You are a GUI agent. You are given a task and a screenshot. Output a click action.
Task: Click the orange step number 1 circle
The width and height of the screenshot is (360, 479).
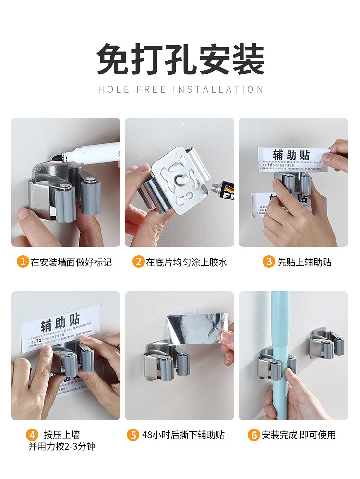[x=23, y=262]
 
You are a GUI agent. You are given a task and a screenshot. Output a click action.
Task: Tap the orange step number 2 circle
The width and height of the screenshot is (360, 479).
[x=138, y=262]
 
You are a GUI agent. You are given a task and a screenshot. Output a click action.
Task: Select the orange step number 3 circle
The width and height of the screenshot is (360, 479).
[x=268, y=262]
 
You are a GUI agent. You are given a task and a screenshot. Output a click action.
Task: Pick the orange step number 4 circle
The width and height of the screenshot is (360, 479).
[x=32, y=435]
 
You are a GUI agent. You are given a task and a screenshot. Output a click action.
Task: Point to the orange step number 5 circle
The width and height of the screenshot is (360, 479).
[x=133, y=435]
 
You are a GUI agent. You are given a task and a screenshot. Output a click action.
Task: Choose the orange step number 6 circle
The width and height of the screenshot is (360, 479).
[x=253, y=435]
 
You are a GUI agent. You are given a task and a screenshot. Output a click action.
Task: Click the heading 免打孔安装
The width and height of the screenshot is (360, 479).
[x=180, y=60]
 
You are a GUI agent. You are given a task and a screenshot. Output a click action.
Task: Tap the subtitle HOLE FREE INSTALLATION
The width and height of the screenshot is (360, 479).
[x=180, y=89]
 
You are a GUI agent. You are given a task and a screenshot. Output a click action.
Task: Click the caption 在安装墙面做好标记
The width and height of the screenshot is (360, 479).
[x=71, y=262]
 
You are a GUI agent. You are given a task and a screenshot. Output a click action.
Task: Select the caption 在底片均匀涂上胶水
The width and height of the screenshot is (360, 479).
[x=186, y=262]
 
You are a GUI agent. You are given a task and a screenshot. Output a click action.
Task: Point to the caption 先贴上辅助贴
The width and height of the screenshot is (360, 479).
[x=304, y=262]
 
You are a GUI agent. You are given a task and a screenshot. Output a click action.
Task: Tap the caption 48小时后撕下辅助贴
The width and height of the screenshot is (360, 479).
[x=183, y=435]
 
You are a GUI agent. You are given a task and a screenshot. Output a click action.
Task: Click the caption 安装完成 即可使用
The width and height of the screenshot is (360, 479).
[x=298, y=435]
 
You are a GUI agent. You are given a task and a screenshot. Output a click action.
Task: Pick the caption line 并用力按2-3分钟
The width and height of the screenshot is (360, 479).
[x=61, y=447]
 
